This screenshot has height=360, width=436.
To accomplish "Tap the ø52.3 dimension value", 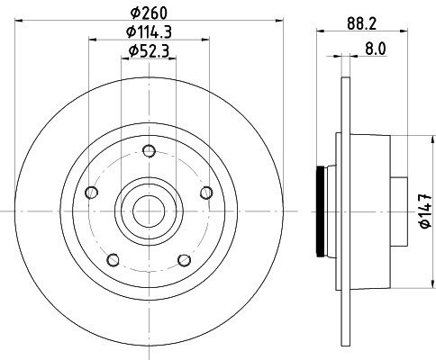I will tap(149, 50).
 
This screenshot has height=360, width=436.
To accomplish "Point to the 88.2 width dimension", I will tap(362, 24).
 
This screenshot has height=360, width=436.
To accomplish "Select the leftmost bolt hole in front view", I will tap(90, 192).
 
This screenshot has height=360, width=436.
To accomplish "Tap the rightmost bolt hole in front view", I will tap(206, 192).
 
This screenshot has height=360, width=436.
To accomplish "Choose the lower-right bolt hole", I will tap(184, 261).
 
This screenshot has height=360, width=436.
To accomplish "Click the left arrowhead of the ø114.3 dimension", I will tap(93, 39).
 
